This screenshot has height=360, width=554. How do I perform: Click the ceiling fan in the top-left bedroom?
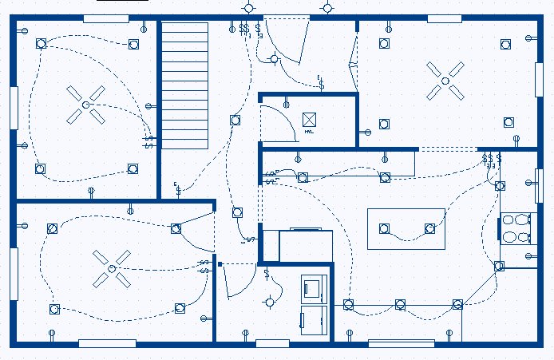[x=85, y=105]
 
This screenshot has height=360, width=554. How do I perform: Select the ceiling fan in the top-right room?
[x=445, y=79]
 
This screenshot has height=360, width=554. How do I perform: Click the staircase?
[x=185, y=85]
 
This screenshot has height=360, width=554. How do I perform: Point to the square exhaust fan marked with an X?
[x=310, y=121]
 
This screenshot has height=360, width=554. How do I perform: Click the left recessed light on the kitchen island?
[x=384, y=229]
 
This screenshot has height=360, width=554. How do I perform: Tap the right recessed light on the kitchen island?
[x=430, y=229]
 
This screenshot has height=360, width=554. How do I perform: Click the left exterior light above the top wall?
[x=249, y=7]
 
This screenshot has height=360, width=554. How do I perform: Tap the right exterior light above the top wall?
[x=328, y=7]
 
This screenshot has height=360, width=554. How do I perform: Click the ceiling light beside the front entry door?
[x=275, y=58]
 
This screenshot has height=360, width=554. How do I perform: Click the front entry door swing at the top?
[x=287, y=40]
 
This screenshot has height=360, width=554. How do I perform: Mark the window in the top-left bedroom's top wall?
[x=106, y=18]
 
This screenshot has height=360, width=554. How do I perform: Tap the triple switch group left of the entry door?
[x=244, y=29]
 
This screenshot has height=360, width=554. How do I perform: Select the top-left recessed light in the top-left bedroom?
[x=41, y=44]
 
